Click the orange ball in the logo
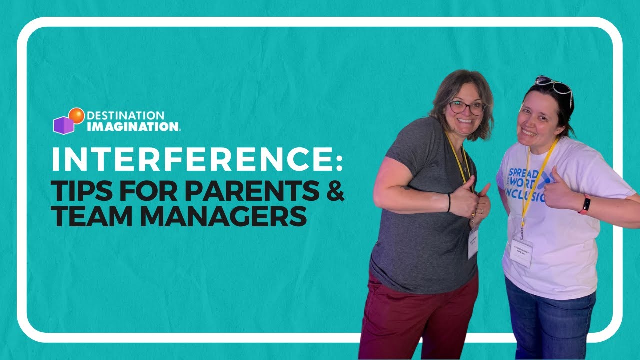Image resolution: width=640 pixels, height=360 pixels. click(x=76, y=116)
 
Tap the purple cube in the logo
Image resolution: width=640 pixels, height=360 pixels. click(x=63, y=125)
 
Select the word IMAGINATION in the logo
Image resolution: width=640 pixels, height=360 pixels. click(x=133, y=127)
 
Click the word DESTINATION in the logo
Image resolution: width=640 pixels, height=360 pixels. click(x=125, y=116)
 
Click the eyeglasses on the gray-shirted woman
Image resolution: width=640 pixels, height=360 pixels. click(x=467, y=107)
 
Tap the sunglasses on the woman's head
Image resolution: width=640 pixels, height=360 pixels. click(x=554, y=86)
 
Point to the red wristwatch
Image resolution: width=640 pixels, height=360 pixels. click(x=584, y=205)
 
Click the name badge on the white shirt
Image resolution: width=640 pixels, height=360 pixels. click(x=521, y=253)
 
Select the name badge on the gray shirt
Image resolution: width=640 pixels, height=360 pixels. click(x=472, y=244)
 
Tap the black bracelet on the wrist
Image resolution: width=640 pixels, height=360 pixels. click(x=449, y=202)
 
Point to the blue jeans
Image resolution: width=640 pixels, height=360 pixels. click(x=550, y=320)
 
